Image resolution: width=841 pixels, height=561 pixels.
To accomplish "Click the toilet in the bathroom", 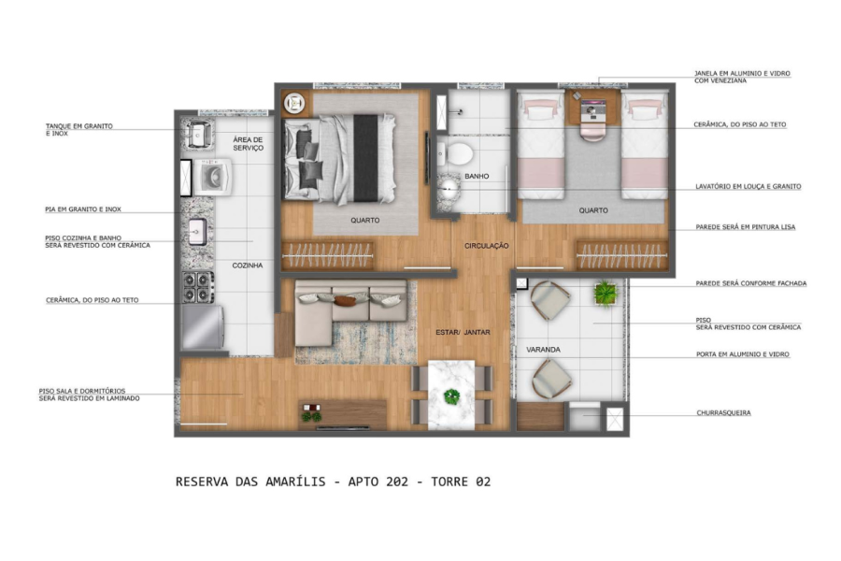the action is [x=455, y=153].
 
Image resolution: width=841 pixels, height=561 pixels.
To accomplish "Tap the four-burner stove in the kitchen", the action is [x=197, y=287].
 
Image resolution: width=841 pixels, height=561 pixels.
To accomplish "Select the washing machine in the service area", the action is [x=212, y=177].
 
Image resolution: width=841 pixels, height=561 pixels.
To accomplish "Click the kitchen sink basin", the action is [x=197, y=231].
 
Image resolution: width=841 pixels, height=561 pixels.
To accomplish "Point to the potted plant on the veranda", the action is [x=606, y=293].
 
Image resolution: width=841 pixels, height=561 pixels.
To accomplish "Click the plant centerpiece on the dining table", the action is [x=451, y=396].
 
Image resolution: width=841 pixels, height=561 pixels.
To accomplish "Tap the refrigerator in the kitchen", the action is [x=203, y=327].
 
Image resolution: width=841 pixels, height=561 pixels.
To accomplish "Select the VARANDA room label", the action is [x=543, y=350].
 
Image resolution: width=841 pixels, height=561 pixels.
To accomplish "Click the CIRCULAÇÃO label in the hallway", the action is [x=487, y=246].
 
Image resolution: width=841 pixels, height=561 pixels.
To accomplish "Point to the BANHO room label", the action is [x=477, y=176].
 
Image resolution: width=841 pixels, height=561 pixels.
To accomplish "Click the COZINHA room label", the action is [x=248, y=266].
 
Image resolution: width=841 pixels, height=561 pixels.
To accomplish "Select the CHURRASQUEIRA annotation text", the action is [x=723, y=413].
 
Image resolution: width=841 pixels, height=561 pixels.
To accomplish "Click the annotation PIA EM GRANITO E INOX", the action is [x=83, y=209].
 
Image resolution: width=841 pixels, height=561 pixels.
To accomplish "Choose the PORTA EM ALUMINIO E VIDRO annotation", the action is [x=743, y=354].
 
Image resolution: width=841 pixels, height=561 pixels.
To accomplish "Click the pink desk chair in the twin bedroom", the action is [x=592, y=132].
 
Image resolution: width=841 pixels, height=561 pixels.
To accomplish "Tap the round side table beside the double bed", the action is [x=294, y=103].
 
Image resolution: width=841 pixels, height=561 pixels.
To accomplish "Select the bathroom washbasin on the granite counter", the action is [x=448, y=187].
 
